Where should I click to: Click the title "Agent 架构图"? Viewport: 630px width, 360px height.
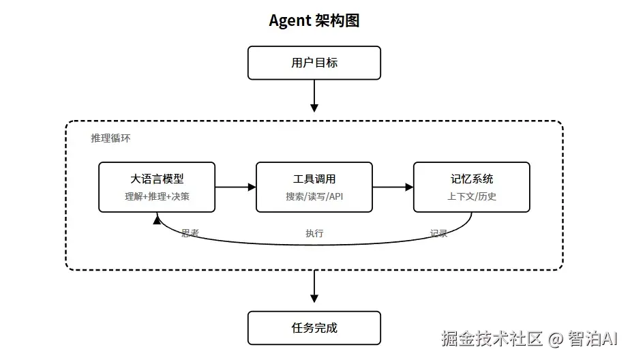coord(314,20)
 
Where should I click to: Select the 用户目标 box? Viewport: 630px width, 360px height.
coord(314,63)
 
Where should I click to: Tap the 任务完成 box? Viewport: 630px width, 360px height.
coord(314,328)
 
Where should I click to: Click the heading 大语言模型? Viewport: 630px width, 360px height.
coord(157,179)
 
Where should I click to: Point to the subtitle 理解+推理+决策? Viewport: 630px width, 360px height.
coord(157,197)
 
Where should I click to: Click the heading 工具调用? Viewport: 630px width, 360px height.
coord(314,179)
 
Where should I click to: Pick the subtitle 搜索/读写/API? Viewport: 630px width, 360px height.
coord(314,197)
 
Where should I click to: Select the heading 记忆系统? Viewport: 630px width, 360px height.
coord(471,179)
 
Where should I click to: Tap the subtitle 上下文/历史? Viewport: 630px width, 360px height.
coord(471,197)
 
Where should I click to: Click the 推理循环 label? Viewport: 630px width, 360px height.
coord(110,138)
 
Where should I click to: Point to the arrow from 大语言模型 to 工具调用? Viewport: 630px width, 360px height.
coord(235,187)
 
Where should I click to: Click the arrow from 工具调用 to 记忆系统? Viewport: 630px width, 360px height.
coord(393,187)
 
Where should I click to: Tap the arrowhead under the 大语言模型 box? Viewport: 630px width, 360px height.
coord(157,219)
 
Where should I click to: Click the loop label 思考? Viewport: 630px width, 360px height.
coord(190,233)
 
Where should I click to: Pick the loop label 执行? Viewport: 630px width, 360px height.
coord(314,233)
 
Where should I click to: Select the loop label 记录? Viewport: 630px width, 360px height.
coord(438,233)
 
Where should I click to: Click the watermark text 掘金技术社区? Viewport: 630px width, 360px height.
coord(492,339)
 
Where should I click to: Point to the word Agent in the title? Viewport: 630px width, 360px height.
coord(290,20)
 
